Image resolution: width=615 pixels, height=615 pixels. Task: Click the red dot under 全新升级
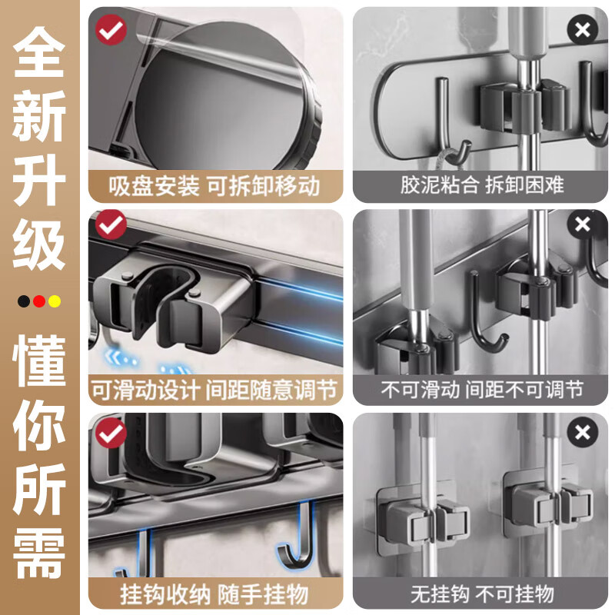[x=39, y=301]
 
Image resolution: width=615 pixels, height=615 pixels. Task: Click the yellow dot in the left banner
[x=54, y=301]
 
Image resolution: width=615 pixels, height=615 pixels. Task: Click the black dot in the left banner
[x=25, y=301]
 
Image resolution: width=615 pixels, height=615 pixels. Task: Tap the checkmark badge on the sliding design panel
[x=112, y=226]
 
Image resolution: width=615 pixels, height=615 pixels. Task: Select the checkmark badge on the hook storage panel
[x=111, y=434]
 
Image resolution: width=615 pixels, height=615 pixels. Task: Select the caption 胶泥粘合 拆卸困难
[x=481, y=185]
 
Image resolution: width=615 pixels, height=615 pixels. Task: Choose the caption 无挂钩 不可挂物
[x=481, y=594]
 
